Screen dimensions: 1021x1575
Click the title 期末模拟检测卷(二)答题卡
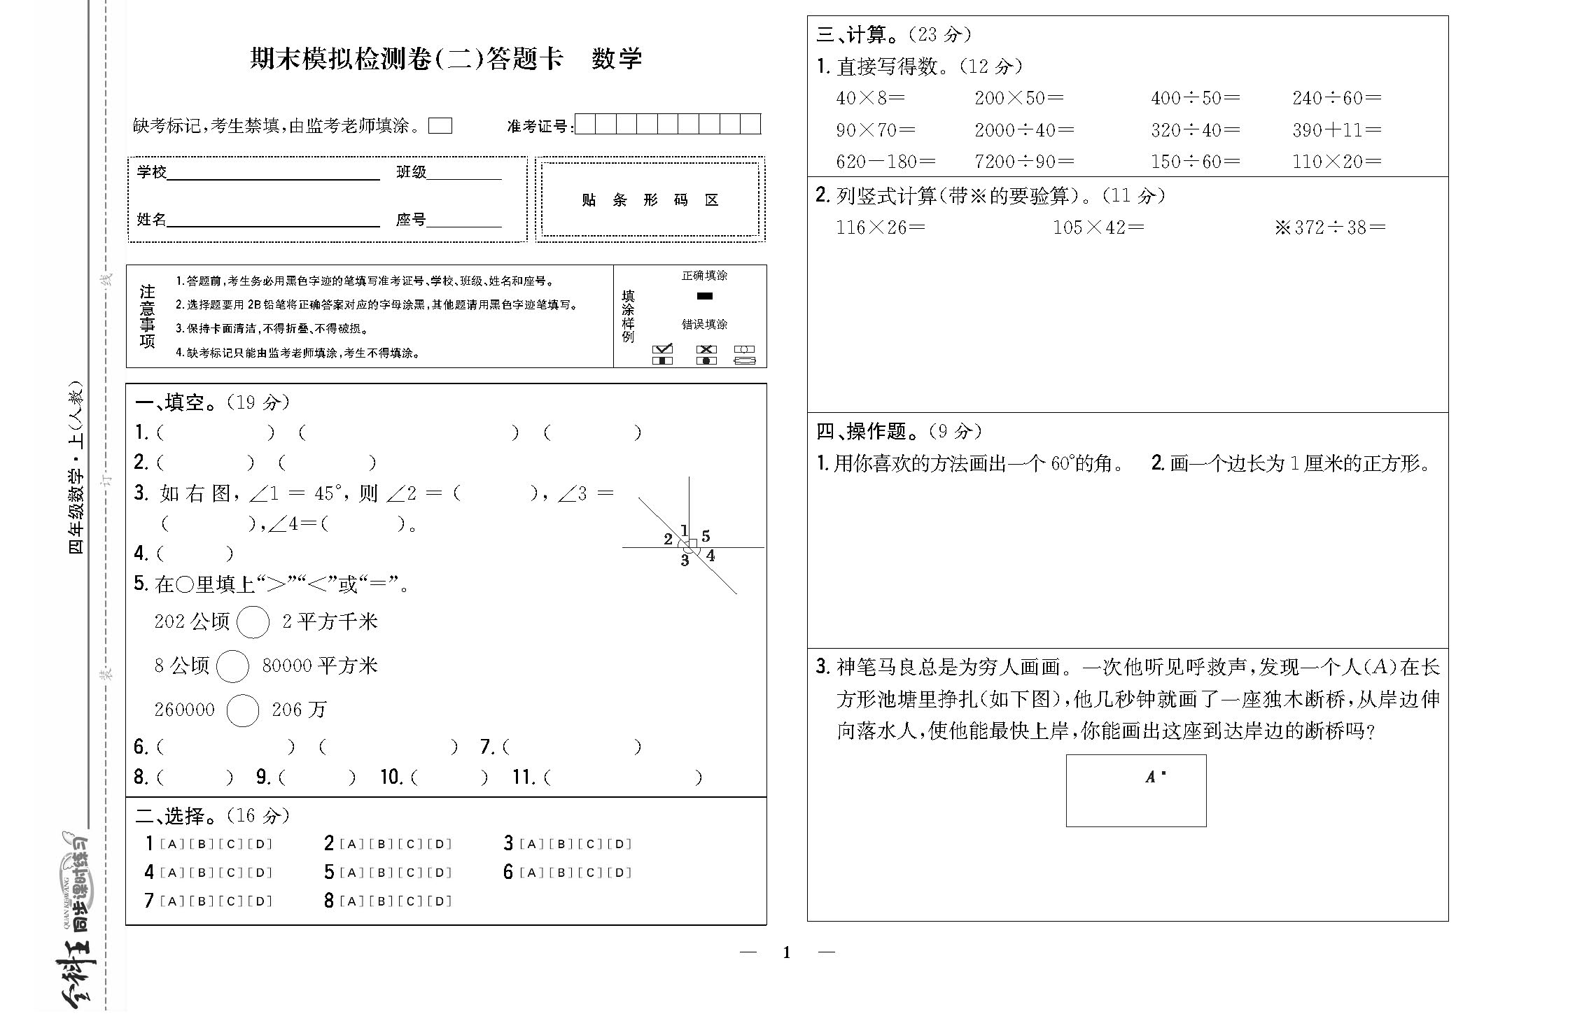click(406, 59)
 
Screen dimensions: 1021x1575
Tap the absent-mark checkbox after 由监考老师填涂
click(440, 126)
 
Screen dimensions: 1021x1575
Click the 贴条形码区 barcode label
click(650, 200)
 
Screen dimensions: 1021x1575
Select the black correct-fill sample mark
click(704, 296)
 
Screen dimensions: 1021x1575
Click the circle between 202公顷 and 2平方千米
click(253, 622)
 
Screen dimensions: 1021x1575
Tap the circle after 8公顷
click(232, 666)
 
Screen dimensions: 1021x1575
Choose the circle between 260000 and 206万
click(243, 710)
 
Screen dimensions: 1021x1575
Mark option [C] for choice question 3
click(590, 844)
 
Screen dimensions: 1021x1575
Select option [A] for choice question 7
click(171, 901)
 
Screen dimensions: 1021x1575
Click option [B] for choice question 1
click(202, 844)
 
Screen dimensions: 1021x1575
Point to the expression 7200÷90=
click(1024, 162)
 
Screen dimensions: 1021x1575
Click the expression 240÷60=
click(1336, 98)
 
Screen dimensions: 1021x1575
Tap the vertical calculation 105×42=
click(1098, 227)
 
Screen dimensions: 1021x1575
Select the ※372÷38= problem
click(1329, 227)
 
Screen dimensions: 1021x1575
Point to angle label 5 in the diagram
click(706, 536)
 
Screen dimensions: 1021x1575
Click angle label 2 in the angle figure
click(668, 539)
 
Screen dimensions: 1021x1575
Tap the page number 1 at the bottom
click(787, 952)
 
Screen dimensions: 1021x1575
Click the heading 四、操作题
click(867, 431)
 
